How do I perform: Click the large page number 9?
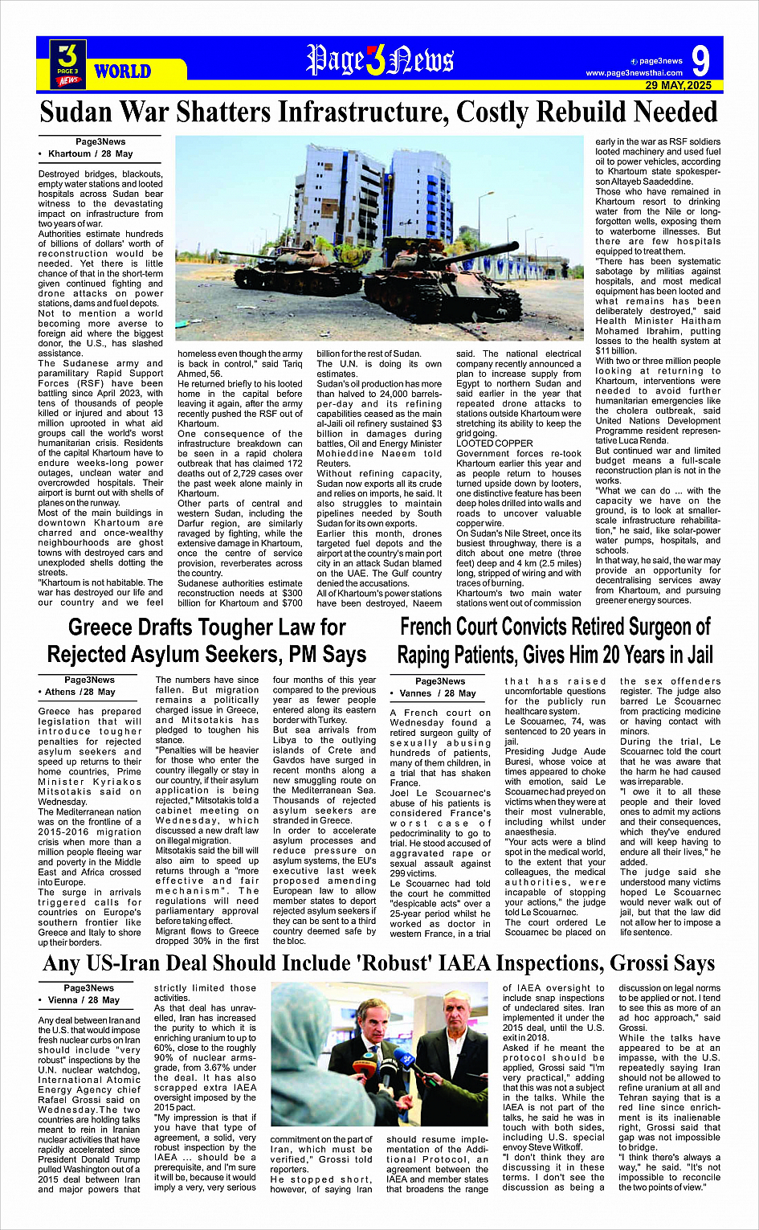(x=700, y=60)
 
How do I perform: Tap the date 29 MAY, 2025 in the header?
(x=678, y=85)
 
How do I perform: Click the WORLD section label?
(x=122, y=72)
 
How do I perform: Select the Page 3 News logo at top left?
(x=67, y=63)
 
